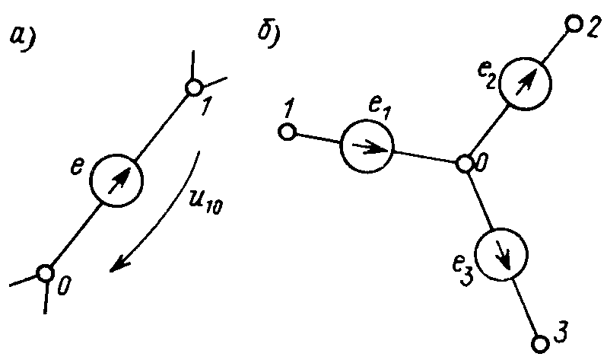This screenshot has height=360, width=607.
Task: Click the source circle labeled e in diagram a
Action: coord(117,180)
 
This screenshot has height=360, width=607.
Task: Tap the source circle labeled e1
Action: coord(367,147)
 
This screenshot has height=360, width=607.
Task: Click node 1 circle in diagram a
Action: coord(193,88)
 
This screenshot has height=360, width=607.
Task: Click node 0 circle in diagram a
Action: coord(45,272)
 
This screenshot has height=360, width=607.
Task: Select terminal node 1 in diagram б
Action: coord(287,132)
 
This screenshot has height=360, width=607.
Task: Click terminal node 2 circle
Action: coord(572,24)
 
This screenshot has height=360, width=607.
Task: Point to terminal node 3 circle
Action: coord(540,342)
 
